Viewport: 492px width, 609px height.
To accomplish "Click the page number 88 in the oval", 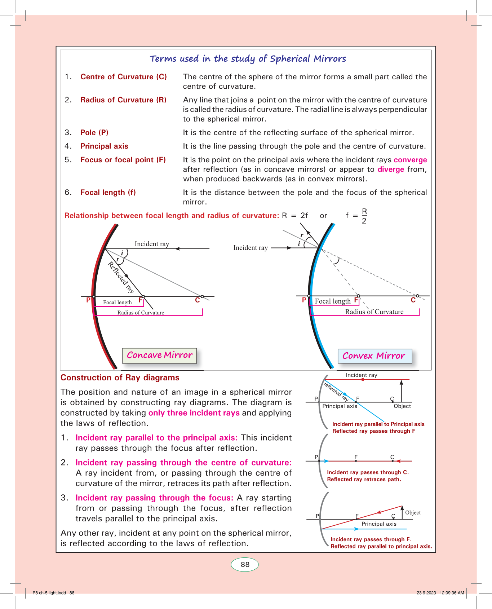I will tap(245, 565).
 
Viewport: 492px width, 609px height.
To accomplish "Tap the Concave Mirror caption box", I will tap(160, 355).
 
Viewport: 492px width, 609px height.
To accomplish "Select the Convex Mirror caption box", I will tap(374, 356).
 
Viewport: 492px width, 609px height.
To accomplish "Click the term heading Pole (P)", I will tap(94, 133).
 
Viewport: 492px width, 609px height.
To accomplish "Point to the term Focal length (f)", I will tap(108, 193).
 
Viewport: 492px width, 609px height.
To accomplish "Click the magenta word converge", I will tap(410, 160).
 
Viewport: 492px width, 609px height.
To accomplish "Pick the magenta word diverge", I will tap(391, 169).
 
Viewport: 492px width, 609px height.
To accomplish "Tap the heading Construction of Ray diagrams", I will tap(120, 378).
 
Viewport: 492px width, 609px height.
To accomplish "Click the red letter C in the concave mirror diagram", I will tap(198, 300).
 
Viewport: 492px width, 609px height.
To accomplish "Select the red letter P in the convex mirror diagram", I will tap(304, 300).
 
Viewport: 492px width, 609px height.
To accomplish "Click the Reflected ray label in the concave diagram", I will tap(121, 277).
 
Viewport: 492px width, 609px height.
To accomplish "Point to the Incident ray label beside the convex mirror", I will tap(251, 248).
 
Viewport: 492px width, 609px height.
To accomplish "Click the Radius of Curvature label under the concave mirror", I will tap(141, 313).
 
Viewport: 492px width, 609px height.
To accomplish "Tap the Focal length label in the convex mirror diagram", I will tap(332, 301).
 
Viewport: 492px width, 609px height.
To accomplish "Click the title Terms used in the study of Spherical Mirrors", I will tap(248, 59).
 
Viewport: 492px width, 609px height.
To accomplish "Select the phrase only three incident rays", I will tap(194, 413).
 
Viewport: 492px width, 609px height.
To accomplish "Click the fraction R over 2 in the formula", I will tap(364, 216).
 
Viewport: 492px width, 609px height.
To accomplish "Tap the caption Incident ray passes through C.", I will tap(368, 472).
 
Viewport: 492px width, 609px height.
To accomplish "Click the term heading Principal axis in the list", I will tap(104, 146).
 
